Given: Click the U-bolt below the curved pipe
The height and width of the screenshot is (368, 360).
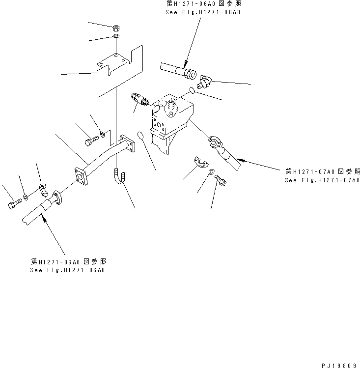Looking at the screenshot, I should [x=120, y=180].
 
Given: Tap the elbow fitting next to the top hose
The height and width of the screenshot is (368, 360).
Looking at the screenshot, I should [x=202, y=79].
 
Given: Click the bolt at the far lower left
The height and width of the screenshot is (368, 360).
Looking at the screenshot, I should [x=14, y=204].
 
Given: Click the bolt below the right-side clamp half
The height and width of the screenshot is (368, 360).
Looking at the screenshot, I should [x=221, y=181].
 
